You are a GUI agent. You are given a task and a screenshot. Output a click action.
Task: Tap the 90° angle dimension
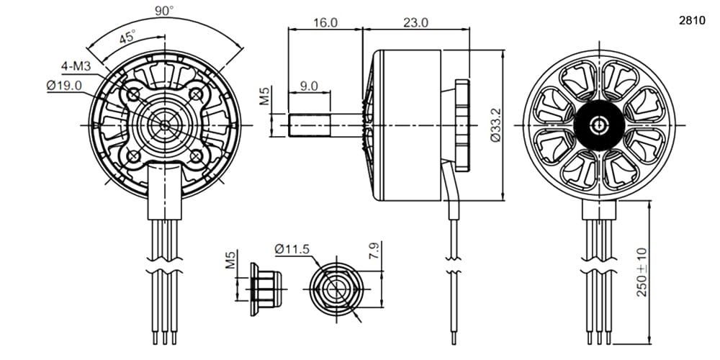(x=164, y=10)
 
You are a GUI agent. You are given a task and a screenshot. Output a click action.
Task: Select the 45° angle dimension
(x=127, y=36)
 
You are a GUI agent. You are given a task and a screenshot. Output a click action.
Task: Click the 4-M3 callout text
(x=76, y=66)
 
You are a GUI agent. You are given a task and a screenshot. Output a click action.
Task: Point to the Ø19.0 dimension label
(x=64, y=85)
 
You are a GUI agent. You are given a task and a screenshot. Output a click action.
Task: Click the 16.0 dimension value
(x=325, y=22)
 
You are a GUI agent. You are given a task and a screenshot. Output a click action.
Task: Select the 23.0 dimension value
(x=415, y=22)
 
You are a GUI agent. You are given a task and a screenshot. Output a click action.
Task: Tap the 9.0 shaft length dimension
(x=309, y=86)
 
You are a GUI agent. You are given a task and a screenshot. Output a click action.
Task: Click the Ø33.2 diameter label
(x=495, y=125)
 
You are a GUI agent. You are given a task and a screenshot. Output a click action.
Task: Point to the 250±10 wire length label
(x=642, y=272)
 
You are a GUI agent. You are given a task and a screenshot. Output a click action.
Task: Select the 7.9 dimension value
(x=374, y=251)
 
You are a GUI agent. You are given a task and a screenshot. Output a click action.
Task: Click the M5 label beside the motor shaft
(x=264, y=95)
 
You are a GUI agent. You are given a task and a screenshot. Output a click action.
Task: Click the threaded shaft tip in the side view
(x=310, y=125)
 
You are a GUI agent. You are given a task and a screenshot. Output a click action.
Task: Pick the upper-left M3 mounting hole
(x=133, y=94)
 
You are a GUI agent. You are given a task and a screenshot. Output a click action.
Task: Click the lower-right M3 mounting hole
(x=196, y=156)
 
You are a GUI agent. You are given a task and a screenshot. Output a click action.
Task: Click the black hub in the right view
(x=599, y=125)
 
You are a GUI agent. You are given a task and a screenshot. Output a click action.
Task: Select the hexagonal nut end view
(x=336, y=289)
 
